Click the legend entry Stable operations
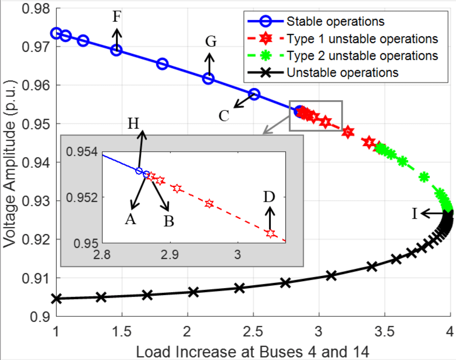(335, 21)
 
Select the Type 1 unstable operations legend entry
(362, 39)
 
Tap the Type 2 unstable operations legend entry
(362, 56)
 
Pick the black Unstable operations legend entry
(342, 73)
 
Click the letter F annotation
(117, 17)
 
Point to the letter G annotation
(211, 42)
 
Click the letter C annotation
(224, 116)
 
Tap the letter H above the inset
(133, 124)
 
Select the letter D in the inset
(269, 197)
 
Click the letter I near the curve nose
(415, 214)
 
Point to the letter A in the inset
(131, 219)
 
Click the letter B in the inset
(169, 221)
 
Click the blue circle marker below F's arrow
(116, 50)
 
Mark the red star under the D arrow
(271, 234)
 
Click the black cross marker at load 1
(57, 299)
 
